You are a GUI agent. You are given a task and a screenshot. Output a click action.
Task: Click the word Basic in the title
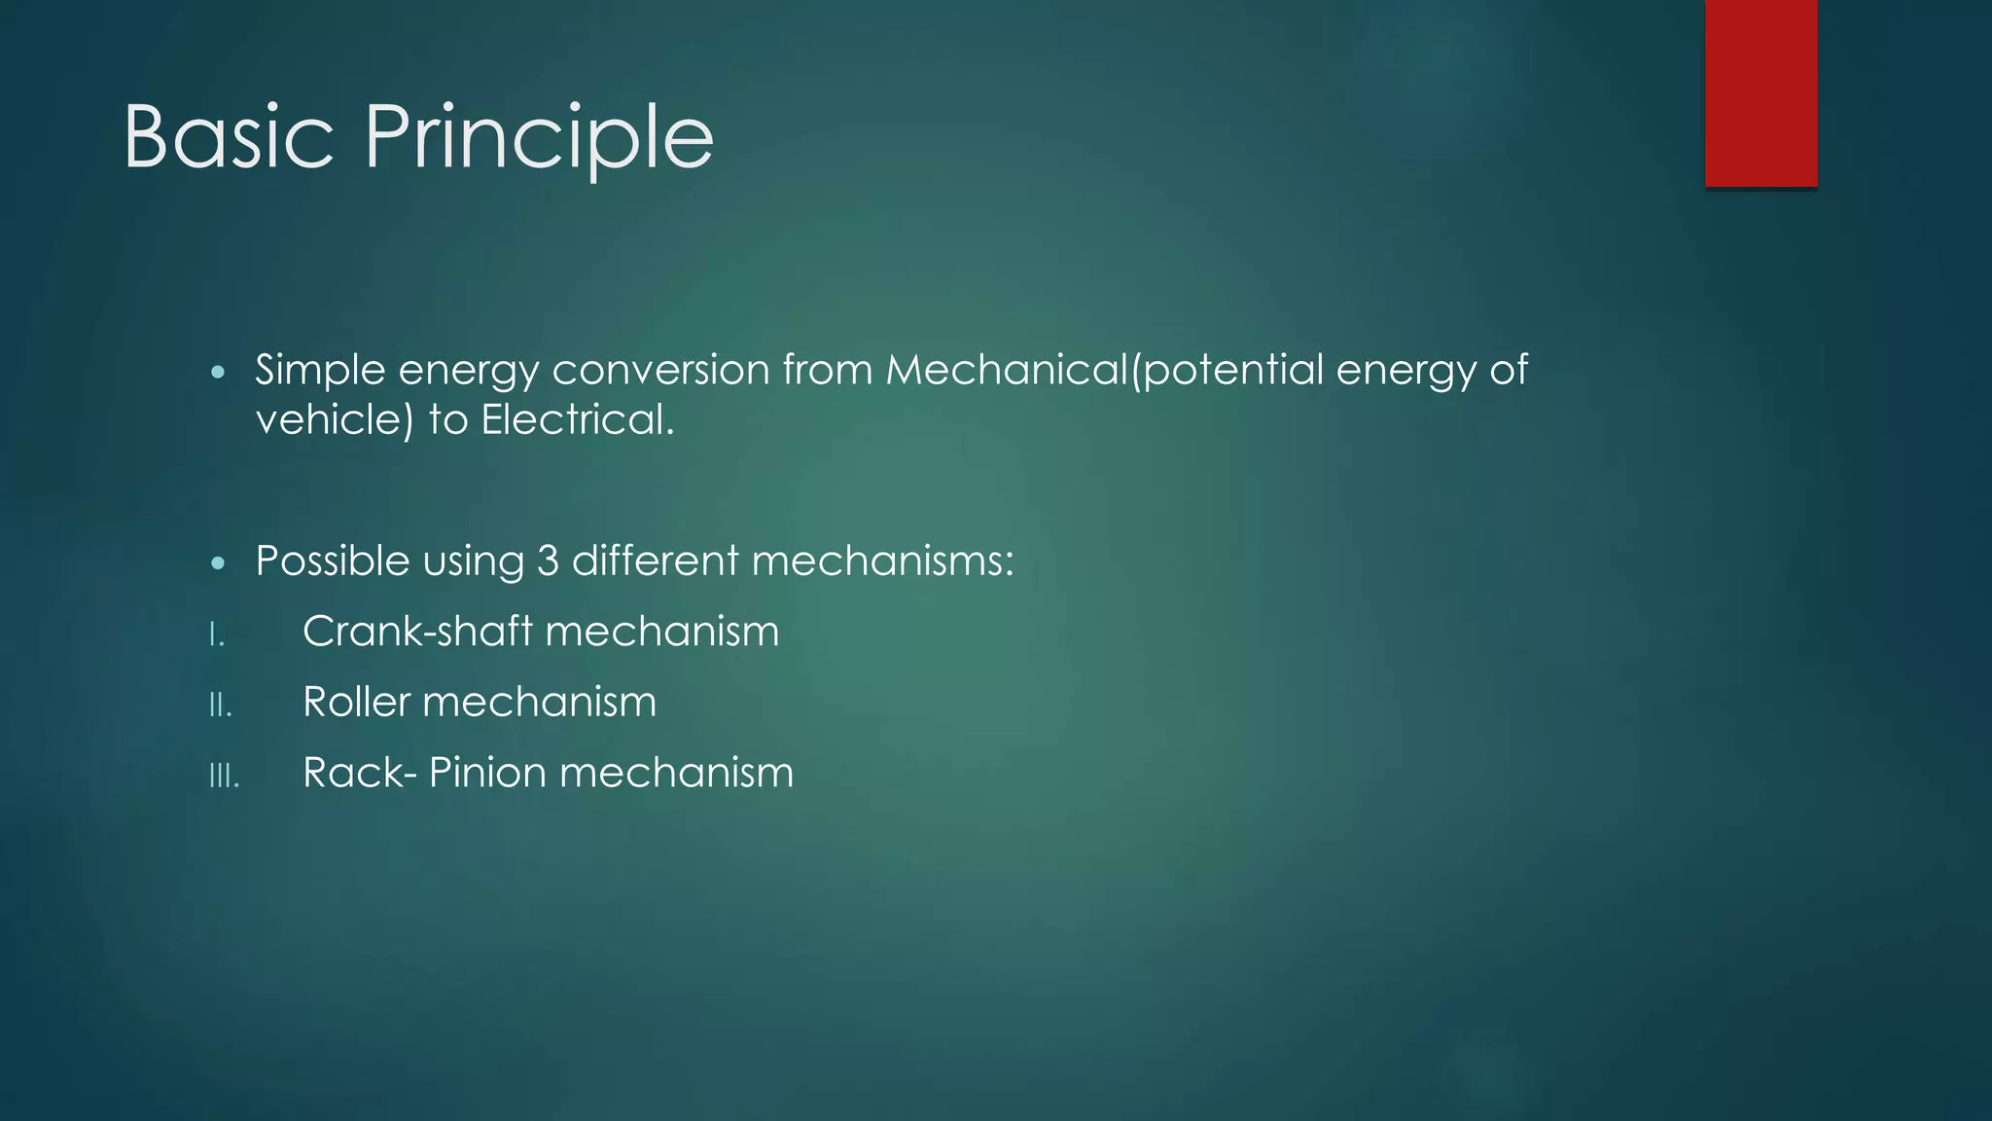pyautogui.click(x=229, y=137)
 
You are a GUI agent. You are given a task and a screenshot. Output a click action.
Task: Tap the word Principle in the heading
pyautogui.click(x=539, y=139)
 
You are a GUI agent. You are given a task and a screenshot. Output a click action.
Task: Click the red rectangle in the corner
pyautogui.click(x=1761, y=92)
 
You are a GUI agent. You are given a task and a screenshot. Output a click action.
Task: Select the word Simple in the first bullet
pyautogui.click(x=320, y=371)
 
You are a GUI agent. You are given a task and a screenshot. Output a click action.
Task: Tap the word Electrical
pyautogui.click(x=577, y=420)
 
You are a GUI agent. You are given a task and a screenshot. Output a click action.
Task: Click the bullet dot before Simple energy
pyautogui.click(x=218, y=373)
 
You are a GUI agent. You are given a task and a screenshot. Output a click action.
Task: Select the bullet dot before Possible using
pyautogui.click(x=218, y=563)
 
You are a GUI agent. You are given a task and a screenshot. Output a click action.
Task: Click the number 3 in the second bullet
pyautogui.click(x=548, y=560)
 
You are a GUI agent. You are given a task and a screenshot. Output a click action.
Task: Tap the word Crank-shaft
pyautogui.click(x=418, y=632)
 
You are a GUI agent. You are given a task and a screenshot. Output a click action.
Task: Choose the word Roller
pyautogui.click(x=356, y=702)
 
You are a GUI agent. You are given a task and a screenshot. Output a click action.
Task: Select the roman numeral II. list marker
pyautogui.click(x=221, y=705)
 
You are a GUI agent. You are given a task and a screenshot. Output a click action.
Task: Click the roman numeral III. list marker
pyautogui.click(x=224, y=777)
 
